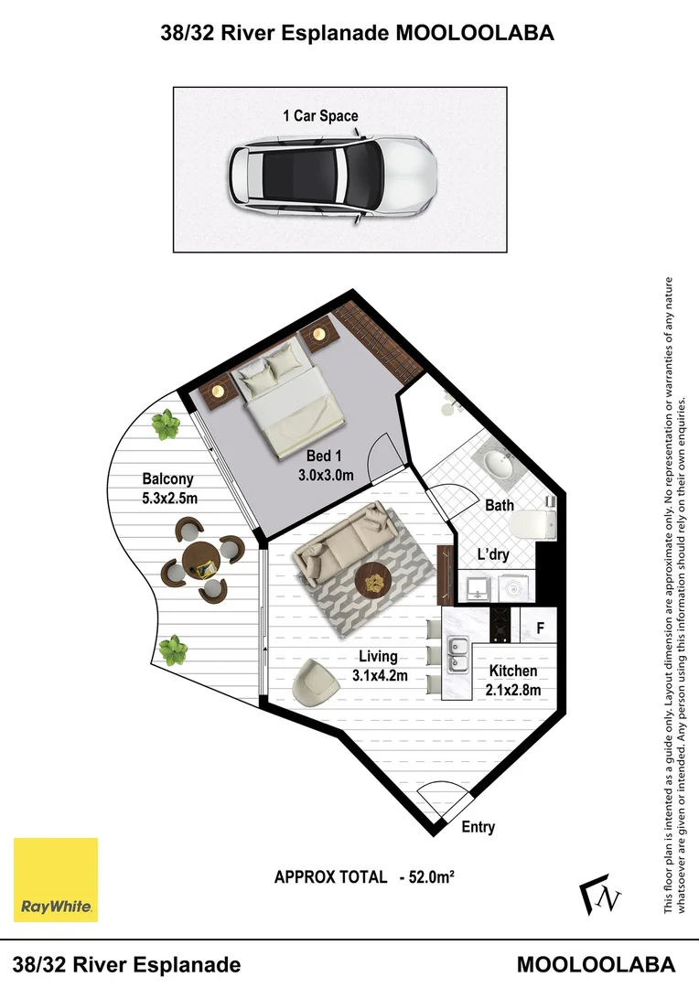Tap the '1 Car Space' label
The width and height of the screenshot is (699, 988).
coord(320,116)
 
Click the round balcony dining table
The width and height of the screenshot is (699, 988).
coord(201,559)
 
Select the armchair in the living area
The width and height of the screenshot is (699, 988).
coord(317,682)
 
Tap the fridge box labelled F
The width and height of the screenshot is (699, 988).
coord(540,628)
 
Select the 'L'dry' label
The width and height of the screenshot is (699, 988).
coord(493,554)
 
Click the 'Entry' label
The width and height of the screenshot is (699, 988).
coord(478,827)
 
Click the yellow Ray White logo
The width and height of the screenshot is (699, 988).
coord(55,879)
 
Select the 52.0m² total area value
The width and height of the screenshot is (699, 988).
coord(427,876)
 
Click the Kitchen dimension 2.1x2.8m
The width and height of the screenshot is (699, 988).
coord(512,690)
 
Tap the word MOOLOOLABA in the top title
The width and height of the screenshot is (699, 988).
coord(474,34)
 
